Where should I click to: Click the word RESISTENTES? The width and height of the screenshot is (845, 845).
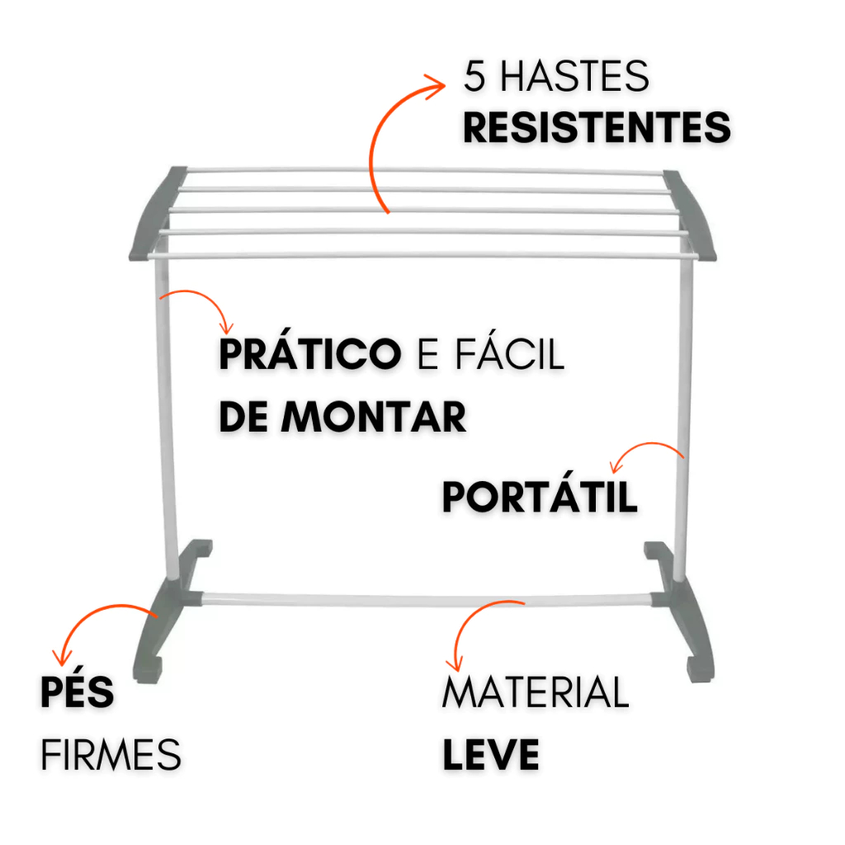[597, 129]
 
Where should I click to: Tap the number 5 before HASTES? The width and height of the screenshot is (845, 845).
[474, 78]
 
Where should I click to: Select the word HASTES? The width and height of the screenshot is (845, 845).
[574, 78]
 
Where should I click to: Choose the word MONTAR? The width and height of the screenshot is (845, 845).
[374, 418]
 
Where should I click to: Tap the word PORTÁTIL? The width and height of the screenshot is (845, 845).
[540, 498]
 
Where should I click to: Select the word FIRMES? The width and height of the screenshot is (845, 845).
[111, 754]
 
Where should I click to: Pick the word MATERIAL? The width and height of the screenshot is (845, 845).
[536, 693]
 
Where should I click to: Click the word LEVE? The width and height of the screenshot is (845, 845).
[491, 754]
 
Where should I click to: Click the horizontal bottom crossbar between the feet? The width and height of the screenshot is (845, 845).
[429, 597]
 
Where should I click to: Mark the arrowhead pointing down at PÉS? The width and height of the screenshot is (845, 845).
[59, 657]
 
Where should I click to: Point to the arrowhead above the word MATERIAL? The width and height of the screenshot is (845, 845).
[451, 662]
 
